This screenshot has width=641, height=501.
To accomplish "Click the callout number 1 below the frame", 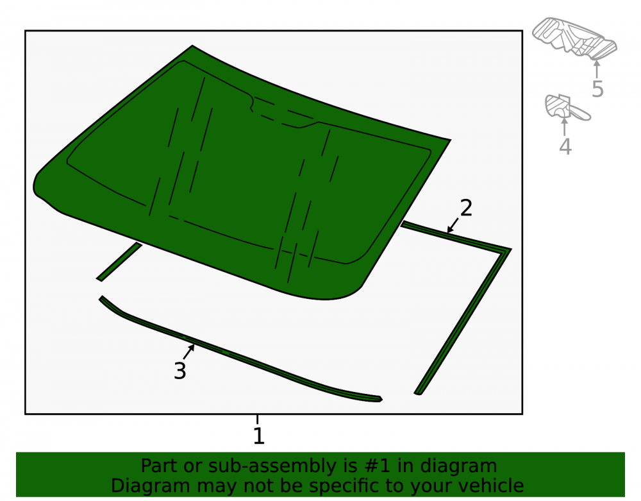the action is point(259,436).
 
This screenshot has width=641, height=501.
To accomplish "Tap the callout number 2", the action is point(466,208).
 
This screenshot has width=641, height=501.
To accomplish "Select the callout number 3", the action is point(180,371).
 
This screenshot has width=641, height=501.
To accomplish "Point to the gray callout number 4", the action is point(565,146).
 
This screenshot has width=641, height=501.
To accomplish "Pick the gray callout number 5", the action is point(597,89).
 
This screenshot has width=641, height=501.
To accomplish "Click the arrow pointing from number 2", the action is point(453,225).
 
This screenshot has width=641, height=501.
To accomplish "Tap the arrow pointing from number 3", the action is point(189,352).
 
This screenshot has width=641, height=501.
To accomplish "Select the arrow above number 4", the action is point(565,127).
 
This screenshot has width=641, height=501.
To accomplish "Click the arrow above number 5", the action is point(597,69).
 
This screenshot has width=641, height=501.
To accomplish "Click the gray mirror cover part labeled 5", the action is point(574,38).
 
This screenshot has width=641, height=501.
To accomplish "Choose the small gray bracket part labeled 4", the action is point(566,108).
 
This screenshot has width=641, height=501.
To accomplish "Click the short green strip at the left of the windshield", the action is point(119,262).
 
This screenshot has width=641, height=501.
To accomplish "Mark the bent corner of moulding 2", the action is point(507,250).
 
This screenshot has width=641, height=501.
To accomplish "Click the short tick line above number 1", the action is point(257,420).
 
